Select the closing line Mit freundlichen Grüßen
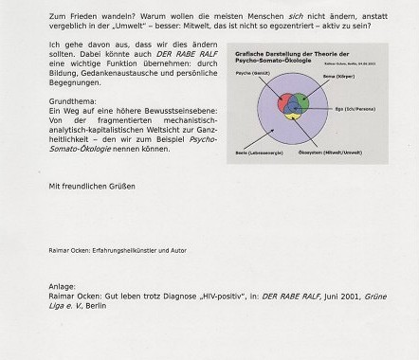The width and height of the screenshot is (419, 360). pyautogui.click(x=92, y=186)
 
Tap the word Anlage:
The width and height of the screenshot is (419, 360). pyautogui.click(x=63, y=285)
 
